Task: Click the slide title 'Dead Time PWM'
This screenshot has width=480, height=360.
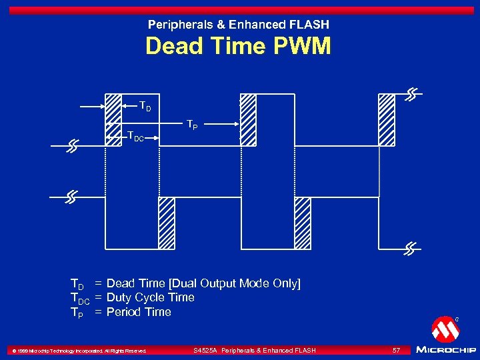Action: pyautogui.click(x=238, y=47)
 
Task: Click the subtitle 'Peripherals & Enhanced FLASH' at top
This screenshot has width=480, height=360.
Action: pyautogui.click(x=238, y=25)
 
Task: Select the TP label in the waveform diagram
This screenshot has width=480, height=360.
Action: pyautogui.click(x=191, y=124)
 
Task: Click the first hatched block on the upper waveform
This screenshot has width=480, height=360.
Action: pyautogui.click(x=113, y=109)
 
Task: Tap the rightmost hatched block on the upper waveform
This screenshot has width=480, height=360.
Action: pyautogui.click(x=387, y=119)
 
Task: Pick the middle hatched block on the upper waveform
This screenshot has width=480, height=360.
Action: pyautogui.click(x=248, y=119)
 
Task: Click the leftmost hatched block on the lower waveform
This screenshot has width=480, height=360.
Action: pyautogui.click(x=166, y=223)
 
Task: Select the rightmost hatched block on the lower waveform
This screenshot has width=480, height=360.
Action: pyautogui.click(x=303, y=223)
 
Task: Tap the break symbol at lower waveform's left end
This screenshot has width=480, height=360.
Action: pyautogui.click(x=71, y=197)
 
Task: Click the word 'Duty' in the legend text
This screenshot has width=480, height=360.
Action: pyautogui.click(x=119, y=297)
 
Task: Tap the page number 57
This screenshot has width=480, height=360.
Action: pyautogui.click(x=396, y=350)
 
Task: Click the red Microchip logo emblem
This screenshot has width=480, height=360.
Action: pyautogui.click(x=445, y=329)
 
